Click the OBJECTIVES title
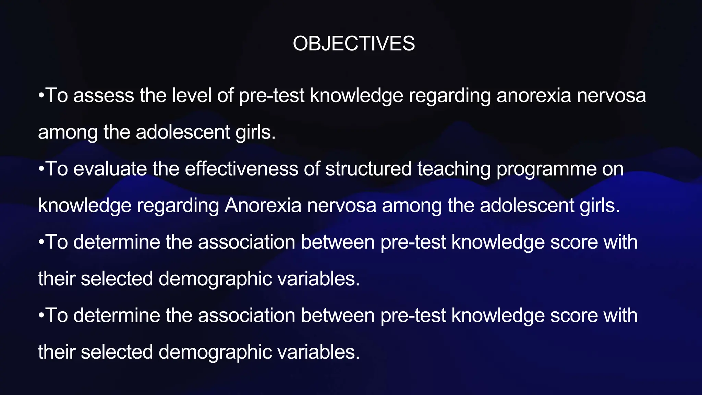point(354,44)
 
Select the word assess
point(103,95)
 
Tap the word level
point(192,95)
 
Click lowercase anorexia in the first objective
point(534,95)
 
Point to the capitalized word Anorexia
point(263,205)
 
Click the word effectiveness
point(241,169)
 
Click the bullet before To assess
point(41,95)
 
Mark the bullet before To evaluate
point(41,169)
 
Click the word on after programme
point(612,169)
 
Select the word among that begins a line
point(68,133)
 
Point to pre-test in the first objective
point(271,95)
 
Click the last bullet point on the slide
point(41,315)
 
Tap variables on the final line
point(318,352)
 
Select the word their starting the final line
point(57,352)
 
